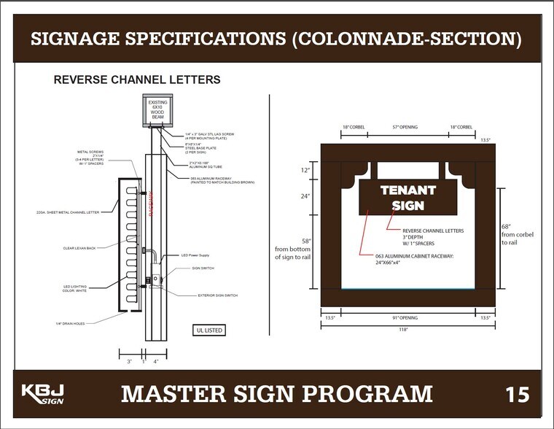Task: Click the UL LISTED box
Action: click(x=208, y=330)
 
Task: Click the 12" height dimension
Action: click(x=305, y=170)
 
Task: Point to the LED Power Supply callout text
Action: click(x=195, y=255)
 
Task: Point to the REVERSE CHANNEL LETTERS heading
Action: click(x=137, y=80)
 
